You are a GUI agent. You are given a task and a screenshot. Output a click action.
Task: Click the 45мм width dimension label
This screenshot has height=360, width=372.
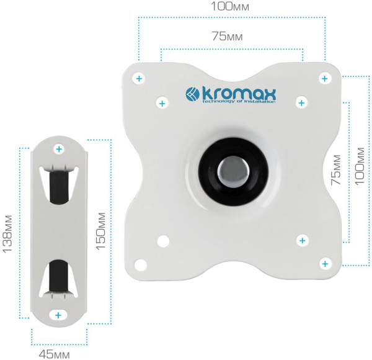(x=55, y=355)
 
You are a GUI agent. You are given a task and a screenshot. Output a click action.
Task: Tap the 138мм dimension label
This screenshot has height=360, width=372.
(x=7, y=234)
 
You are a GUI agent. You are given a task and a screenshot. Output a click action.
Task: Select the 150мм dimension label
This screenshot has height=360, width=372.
(x=100, y=231)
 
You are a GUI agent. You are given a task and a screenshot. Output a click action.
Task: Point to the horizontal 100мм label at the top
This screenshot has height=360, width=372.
(x=230, y=6)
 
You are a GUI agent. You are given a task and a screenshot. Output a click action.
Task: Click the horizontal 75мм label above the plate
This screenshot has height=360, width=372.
(x=228, y=37)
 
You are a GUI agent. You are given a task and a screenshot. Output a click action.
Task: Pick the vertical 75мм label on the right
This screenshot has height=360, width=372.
(x=336, y=170)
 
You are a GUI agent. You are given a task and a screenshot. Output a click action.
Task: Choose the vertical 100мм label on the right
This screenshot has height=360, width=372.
(x=360, y=166)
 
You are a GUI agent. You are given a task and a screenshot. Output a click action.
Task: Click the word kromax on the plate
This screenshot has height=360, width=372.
(x=239, y=94)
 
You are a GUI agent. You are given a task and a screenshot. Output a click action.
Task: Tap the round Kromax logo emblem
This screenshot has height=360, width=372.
(x=192, y=94)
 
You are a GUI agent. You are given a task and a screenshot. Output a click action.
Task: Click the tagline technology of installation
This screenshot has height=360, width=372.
(x=239, y=101)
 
